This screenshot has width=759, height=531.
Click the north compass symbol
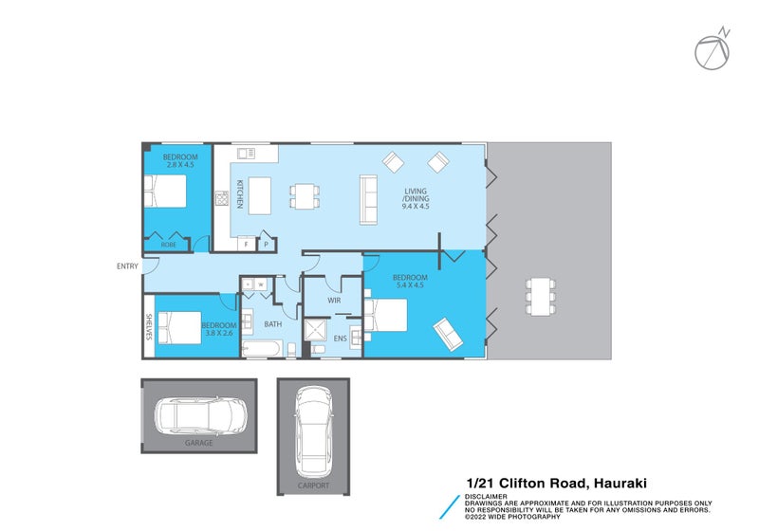point(713,50)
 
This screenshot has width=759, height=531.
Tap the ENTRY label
point(127,266)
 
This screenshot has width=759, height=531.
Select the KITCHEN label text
point(240,194)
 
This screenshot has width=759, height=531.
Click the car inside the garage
point(200,415)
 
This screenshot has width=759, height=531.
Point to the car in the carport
point(313,431)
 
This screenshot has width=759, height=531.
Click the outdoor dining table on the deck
point(541,296)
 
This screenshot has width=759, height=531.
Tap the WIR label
point(334,301)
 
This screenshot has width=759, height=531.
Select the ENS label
point(341,339)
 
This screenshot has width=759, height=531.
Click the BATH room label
point(273,324)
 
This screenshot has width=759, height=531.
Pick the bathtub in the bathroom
point(262,349)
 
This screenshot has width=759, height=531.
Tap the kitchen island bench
point(259,195)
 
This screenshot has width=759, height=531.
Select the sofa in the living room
point(369,199)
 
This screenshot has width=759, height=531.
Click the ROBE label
point(169,245)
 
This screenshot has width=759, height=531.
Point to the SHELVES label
point(149,327)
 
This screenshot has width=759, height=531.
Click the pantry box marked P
point(267,245)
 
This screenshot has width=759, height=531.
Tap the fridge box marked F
point(247,245)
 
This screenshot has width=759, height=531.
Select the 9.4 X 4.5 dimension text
point(416,206)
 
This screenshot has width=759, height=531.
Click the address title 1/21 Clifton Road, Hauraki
point(557,484)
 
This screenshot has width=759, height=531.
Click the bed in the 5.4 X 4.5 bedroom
point(386,315)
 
